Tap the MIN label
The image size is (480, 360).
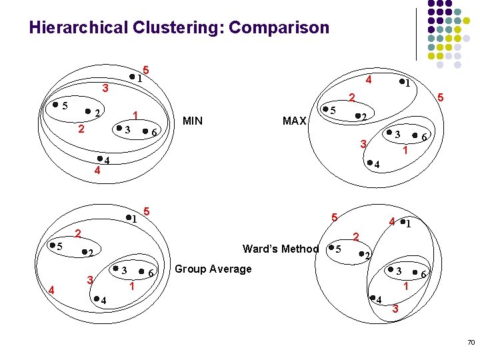click(x=193, y=121)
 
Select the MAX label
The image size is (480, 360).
click(x=294, y=121)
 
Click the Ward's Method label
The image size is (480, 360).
click(x=281, y=249)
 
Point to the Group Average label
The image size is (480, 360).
click(x=213, y=269)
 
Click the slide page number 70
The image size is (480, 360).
click(x=471, y=342)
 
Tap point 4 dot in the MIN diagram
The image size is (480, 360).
click(x=99, y=159)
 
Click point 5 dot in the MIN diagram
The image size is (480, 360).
click(x=55, y=105)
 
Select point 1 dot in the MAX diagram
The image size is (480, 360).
click(x=401, y=83)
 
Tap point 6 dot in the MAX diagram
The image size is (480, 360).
click(x=414, y=136)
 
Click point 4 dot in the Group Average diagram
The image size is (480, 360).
click(x=95, y=298)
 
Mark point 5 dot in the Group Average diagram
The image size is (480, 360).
click(x=52, y=245)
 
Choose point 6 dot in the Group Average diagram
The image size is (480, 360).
click(x=141, y=272)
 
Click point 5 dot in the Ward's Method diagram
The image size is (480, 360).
click(x=331, y=249)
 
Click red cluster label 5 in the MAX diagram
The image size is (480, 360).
click(x=441, y=98)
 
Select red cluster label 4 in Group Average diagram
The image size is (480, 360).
click(x=51, y=289)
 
